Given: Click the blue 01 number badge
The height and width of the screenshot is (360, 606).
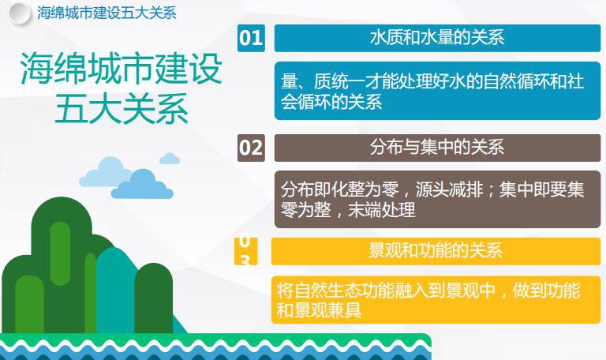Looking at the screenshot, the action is (x=251, y=38).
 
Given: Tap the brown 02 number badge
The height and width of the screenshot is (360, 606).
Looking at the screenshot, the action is (x=251, y=148).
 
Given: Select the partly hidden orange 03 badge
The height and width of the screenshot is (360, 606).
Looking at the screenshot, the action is (x=246, y=251).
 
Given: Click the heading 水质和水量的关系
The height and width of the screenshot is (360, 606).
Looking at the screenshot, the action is (x=437, y=38).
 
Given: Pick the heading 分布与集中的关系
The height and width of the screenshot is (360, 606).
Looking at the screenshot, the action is (x=437, y=148).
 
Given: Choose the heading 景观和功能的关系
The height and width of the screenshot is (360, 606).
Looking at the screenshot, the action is (x=436, y=250).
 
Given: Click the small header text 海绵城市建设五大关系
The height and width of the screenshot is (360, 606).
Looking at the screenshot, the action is (x=107, y=13).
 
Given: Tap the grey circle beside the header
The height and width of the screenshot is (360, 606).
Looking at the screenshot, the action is (x=19, y=14).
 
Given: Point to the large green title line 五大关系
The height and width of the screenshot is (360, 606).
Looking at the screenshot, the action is (x=122, y=109).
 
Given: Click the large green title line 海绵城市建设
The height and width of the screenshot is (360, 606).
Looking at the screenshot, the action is (x=122, y=68).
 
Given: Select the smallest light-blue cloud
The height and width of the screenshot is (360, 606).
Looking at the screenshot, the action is (x=170, y=159).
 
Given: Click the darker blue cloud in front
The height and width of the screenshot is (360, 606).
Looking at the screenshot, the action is (x=142, y=185).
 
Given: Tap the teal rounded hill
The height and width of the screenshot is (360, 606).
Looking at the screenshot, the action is (x=116, y=290).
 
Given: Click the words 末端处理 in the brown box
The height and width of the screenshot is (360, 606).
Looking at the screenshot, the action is (x=382, y=210).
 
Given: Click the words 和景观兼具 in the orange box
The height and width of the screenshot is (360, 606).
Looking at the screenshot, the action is (x=320, y=310).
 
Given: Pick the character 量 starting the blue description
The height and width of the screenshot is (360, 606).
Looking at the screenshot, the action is (x=289, y=81).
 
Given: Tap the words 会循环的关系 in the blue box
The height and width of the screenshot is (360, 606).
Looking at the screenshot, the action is (x=331, y=102).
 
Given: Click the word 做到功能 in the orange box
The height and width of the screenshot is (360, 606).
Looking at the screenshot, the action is (x=547, y=291).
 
